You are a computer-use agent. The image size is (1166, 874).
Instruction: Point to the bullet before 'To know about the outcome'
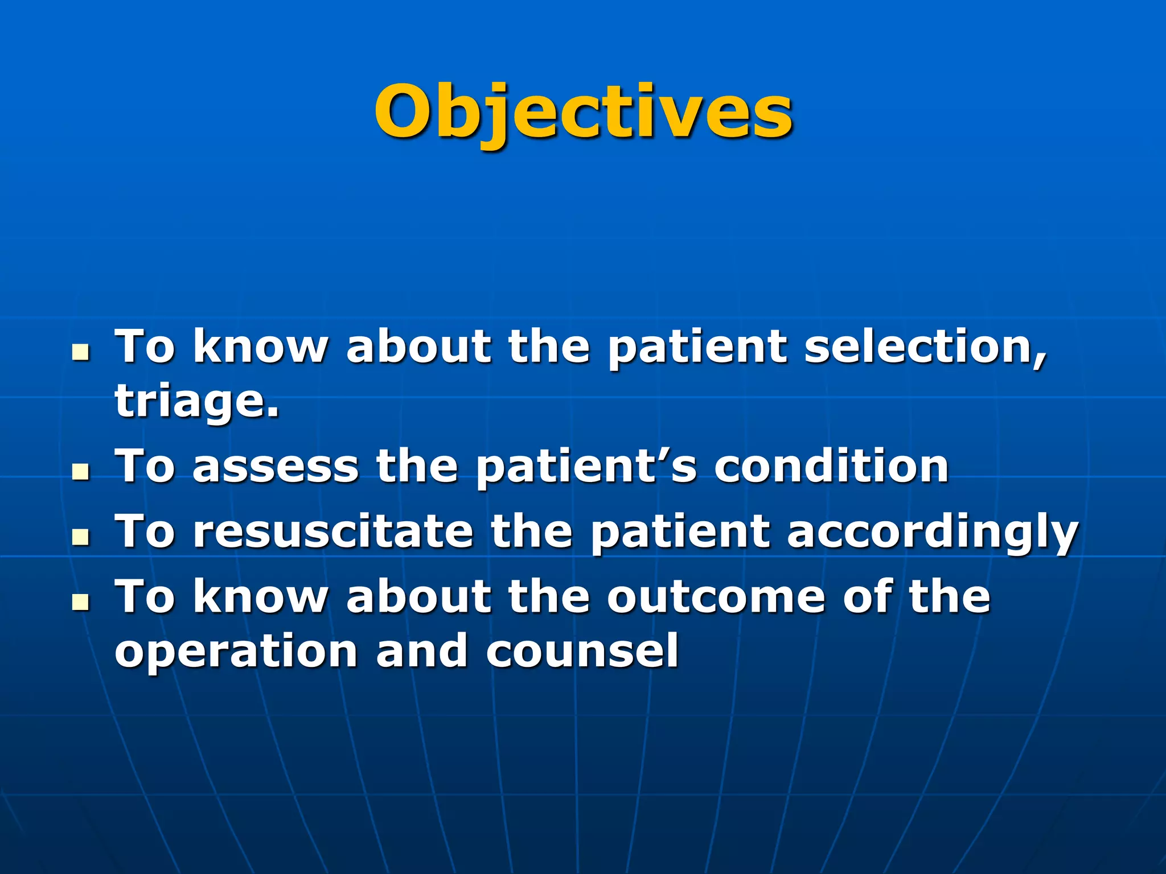tap(81, 602)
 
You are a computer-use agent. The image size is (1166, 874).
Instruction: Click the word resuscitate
tap(333, 532)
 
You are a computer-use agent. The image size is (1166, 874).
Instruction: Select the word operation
tap(236, 652)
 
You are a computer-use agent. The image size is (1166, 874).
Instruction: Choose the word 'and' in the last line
tap(422, 652)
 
